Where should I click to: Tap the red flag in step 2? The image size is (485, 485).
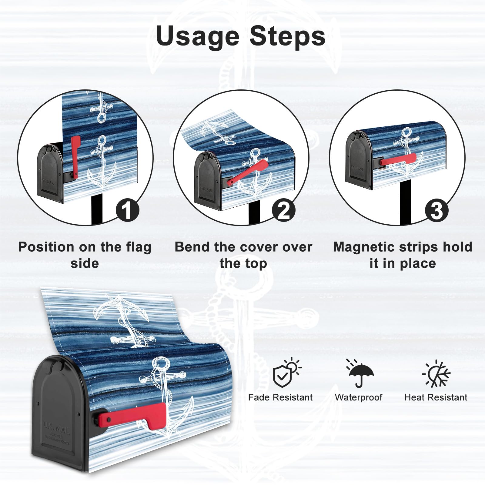click(249, 172)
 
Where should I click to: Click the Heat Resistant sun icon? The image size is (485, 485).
click(436, 374)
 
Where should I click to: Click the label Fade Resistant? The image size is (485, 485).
click(280, 397)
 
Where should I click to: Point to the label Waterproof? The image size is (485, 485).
click(359, 397)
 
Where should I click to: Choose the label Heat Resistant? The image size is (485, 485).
click(436, 397)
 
